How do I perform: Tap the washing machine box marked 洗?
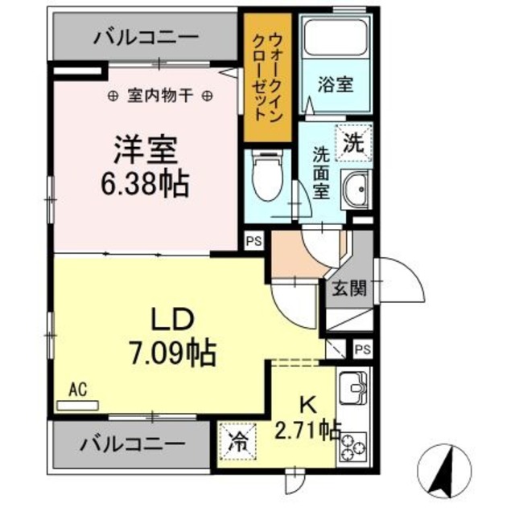pos(353,144)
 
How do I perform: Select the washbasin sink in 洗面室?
pos(354,190)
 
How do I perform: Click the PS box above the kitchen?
pos(362,350)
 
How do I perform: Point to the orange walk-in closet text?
pos(268,76)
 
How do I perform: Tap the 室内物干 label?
pos(161,96)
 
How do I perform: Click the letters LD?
pos(171,319)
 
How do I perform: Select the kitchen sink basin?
pos(353,390)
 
